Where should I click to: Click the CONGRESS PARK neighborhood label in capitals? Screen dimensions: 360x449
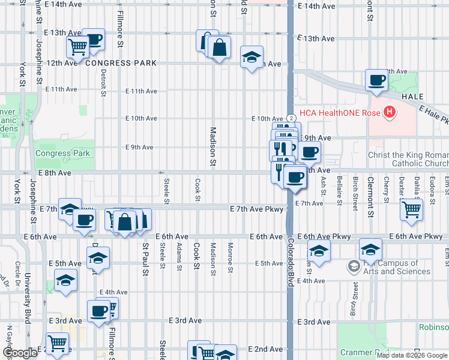point(121,63)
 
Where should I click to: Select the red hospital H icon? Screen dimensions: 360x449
point(390,112)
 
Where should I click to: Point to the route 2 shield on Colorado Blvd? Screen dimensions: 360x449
point(291,119)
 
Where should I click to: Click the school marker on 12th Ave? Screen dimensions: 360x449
point(252,57)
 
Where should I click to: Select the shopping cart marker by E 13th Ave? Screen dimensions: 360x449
point(77,46)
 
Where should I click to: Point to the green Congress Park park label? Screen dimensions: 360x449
point(62,153)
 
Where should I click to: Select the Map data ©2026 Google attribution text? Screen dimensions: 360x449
point(411,355)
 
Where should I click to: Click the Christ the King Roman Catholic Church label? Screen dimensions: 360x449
point(408,159)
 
